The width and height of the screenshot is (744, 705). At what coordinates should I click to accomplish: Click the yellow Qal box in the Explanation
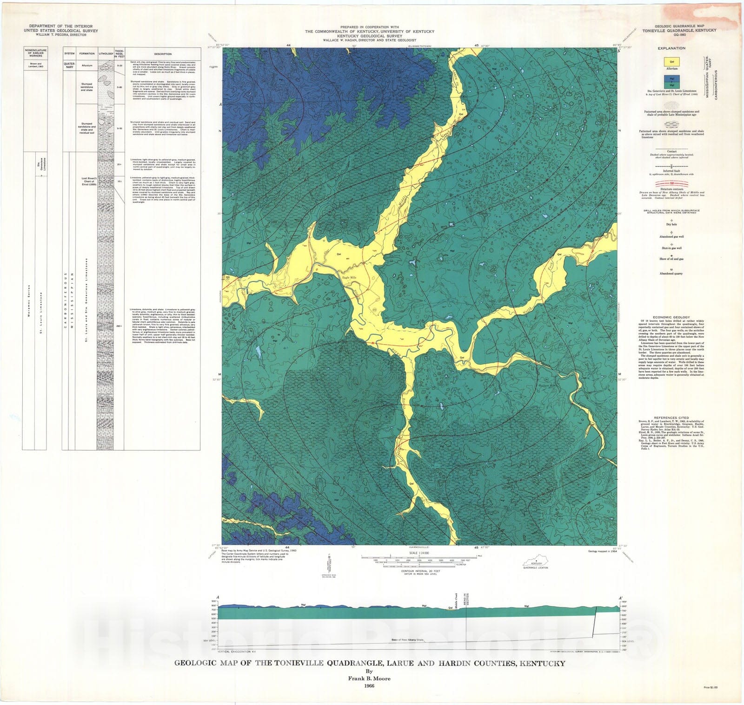click(x=671, y=61)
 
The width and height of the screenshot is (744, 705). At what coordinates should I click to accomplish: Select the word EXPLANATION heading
click(x=671, y=48)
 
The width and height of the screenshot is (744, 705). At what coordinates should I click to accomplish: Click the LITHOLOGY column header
click(x=106, y=53)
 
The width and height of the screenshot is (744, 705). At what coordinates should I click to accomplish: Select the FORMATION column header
click(x=87, y=53)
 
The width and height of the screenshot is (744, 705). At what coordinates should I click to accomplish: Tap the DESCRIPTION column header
click(x=163, y=54)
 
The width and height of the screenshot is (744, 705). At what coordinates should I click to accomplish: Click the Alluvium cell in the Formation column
click(x=87, y=65)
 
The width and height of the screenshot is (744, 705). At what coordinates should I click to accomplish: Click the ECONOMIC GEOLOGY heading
click(x=671, y=317)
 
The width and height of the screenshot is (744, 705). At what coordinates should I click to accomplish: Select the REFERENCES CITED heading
click(x=671, y=417)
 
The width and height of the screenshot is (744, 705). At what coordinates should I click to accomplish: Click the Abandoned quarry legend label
click(x=671, y=274)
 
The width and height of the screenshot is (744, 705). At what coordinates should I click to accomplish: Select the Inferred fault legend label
click(x=671, y=170)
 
